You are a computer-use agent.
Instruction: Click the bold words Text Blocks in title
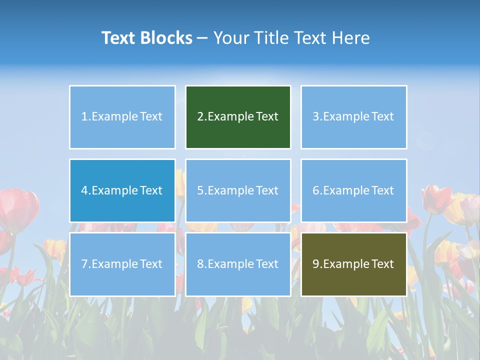pyautogui.click(x=147, y=38)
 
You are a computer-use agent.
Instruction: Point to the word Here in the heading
pyautogui.click(x=352, y=38)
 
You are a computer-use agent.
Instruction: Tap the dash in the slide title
pyautogui.click(x=202, y=38)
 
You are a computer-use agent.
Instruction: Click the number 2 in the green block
pyautogui.click(x=200, y=116)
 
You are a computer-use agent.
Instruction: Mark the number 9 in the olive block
pyautogui.click(x=316, y=264)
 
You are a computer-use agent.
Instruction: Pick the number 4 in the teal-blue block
pyautogui.click(x=84, y=190)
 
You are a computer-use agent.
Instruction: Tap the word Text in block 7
pyautogui.click(x=151, y=264)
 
